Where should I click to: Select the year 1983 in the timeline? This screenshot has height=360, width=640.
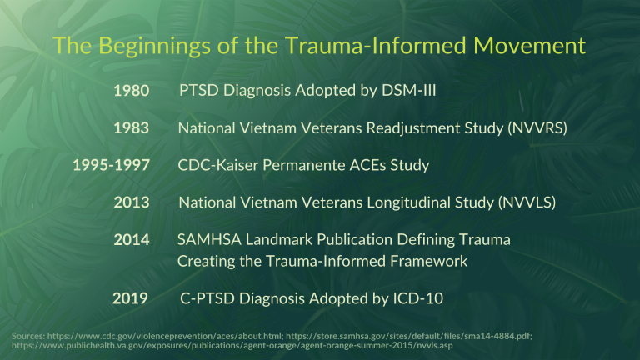[131, 128]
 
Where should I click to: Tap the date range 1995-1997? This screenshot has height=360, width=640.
[112, 166]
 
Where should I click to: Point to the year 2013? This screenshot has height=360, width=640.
[131, 203]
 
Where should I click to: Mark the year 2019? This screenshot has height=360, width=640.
[131, 298]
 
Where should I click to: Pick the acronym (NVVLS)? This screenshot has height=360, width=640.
[526, 202]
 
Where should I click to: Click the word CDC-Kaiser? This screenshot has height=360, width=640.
[213, 165]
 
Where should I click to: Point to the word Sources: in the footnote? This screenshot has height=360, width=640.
[30, 336]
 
